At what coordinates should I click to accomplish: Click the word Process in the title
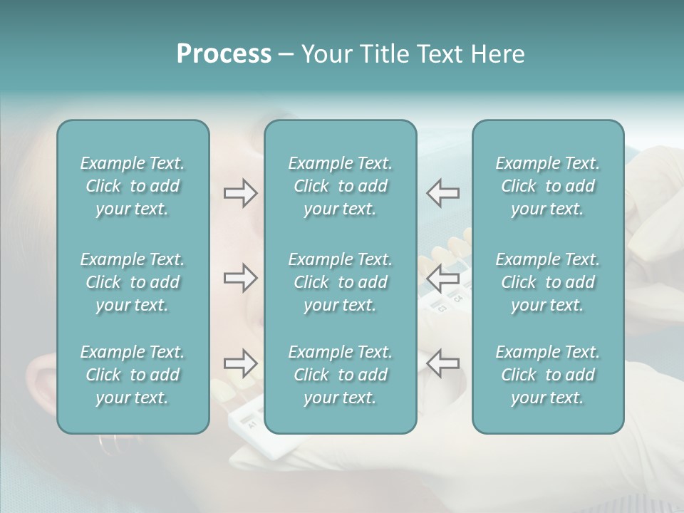(224, 54)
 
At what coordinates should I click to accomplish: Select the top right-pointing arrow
(240, 193)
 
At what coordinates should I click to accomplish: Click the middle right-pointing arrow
(240, 278)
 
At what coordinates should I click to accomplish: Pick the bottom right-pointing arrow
(240, 363)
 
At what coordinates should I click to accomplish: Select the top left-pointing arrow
(442, 193)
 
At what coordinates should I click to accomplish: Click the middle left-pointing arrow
(442, 278)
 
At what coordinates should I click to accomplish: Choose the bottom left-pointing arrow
(442, 363)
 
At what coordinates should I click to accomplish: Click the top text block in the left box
(133, 186)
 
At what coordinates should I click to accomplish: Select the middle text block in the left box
(133, 282)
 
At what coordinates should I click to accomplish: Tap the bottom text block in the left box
(133, 375)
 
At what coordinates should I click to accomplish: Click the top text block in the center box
(340, 186)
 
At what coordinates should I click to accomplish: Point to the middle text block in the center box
(340, 282)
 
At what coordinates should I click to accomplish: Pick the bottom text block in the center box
(340, 375)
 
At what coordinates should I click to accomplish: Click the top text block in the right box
(547, 186)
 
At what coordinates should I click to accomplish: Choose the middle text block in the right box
(547, 282)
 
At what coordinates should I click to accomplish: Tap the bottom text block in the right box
(547, 375)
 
